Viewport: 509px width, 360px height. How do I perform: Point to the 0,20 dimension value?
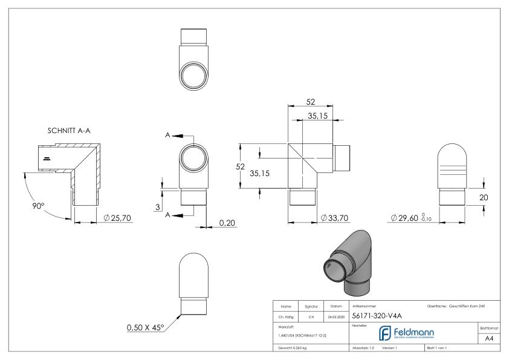click(227, 223)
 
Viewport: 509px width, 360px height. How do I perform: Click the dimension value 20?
click(483, 197)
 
